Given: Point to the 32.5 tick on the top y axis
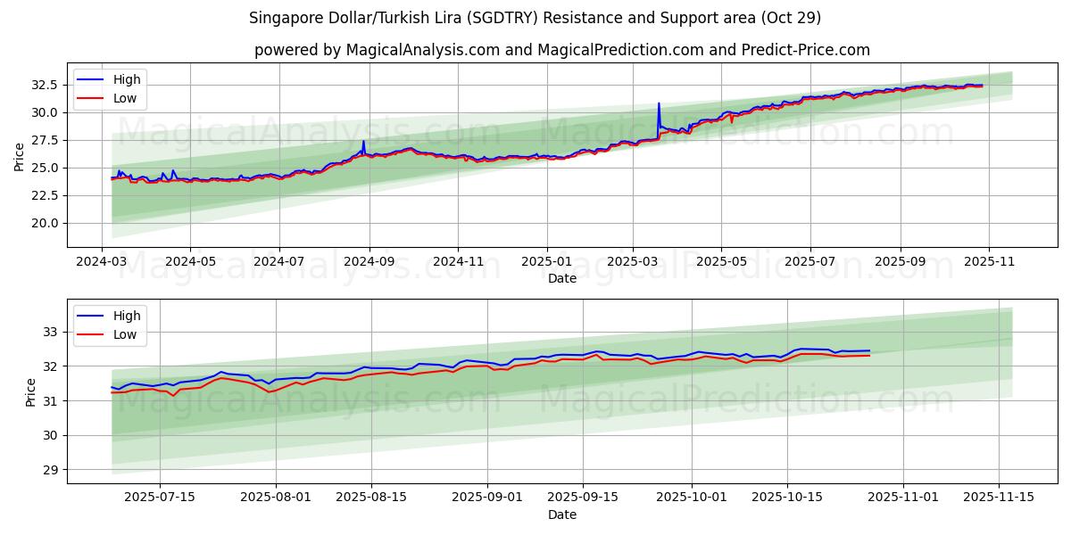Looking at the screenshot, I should (45, 85).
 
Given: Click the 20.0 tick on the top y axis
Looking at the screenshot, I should (45, 223).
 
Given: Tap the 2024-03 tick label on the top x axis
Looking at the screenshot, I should (101, 263).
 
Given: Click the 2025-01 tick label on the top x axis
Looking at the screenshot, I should (546, 263).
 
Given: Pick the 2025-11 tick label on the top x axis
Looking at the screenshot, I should (990, 263).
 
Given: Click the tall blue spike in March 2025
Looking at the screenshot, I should (659, 104).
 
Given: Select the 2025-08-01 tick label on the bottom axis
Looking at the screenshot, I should (276, 497).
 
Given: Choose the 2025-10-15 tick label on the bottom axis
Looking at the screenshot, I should (786, 497).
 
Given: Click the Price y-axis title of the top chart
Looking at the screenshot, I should (20, 156).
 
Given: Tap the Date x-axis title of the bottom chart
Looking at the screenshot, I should (562, 514).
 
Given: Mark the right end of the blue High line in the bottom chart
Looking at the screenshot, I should (869, 350).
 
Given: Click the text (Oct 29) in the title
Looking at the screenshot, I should (791, 18).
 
